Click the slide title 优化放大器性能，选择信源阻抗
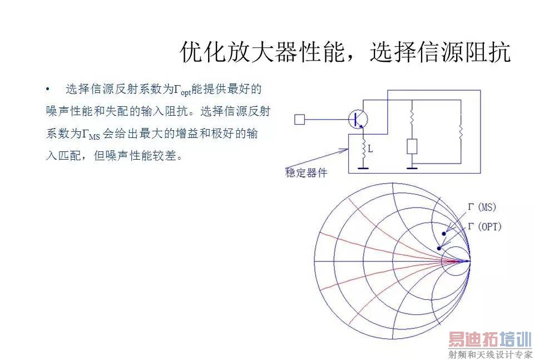click(345, 53)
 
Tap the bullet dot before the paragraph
click(48, 90)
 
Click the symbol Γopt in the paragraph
click(182, 90)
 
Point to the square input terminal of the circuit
click(299, 119)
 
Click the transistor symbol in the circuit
click(359, 119)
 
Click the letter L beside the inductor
click(370, 150)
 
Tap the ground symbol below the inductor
click(363, 166)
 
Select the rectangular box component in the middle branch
click(412, 146)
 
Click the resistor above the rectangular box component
click(412, 117)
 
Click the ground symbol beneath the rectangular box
click(412, 166)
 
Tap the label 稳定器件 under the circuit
click(306, 173)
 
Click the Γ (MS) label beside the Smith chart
click(482, 208)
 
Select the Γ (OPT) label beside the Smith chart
click(484, 226)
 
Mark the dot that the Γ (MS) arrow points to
click(443, 233)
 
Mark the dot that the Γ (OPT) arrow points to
click(439, 248)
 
